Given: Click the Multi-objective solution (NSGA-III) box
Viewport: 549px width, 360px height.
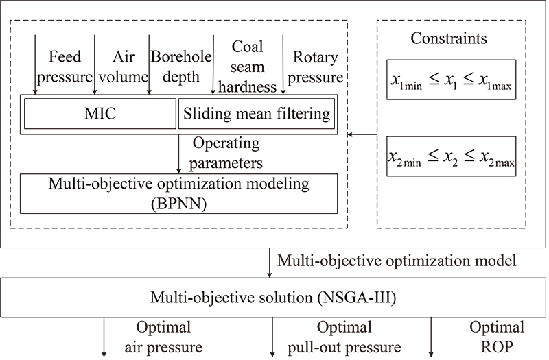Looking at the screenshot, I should (274, 298).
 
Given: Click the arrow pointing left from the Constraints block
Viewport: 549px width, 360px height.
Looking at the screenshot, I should (362, 135).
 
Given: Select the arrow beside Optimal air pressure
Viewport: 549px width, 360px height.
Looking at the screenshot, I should (104, 335).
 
